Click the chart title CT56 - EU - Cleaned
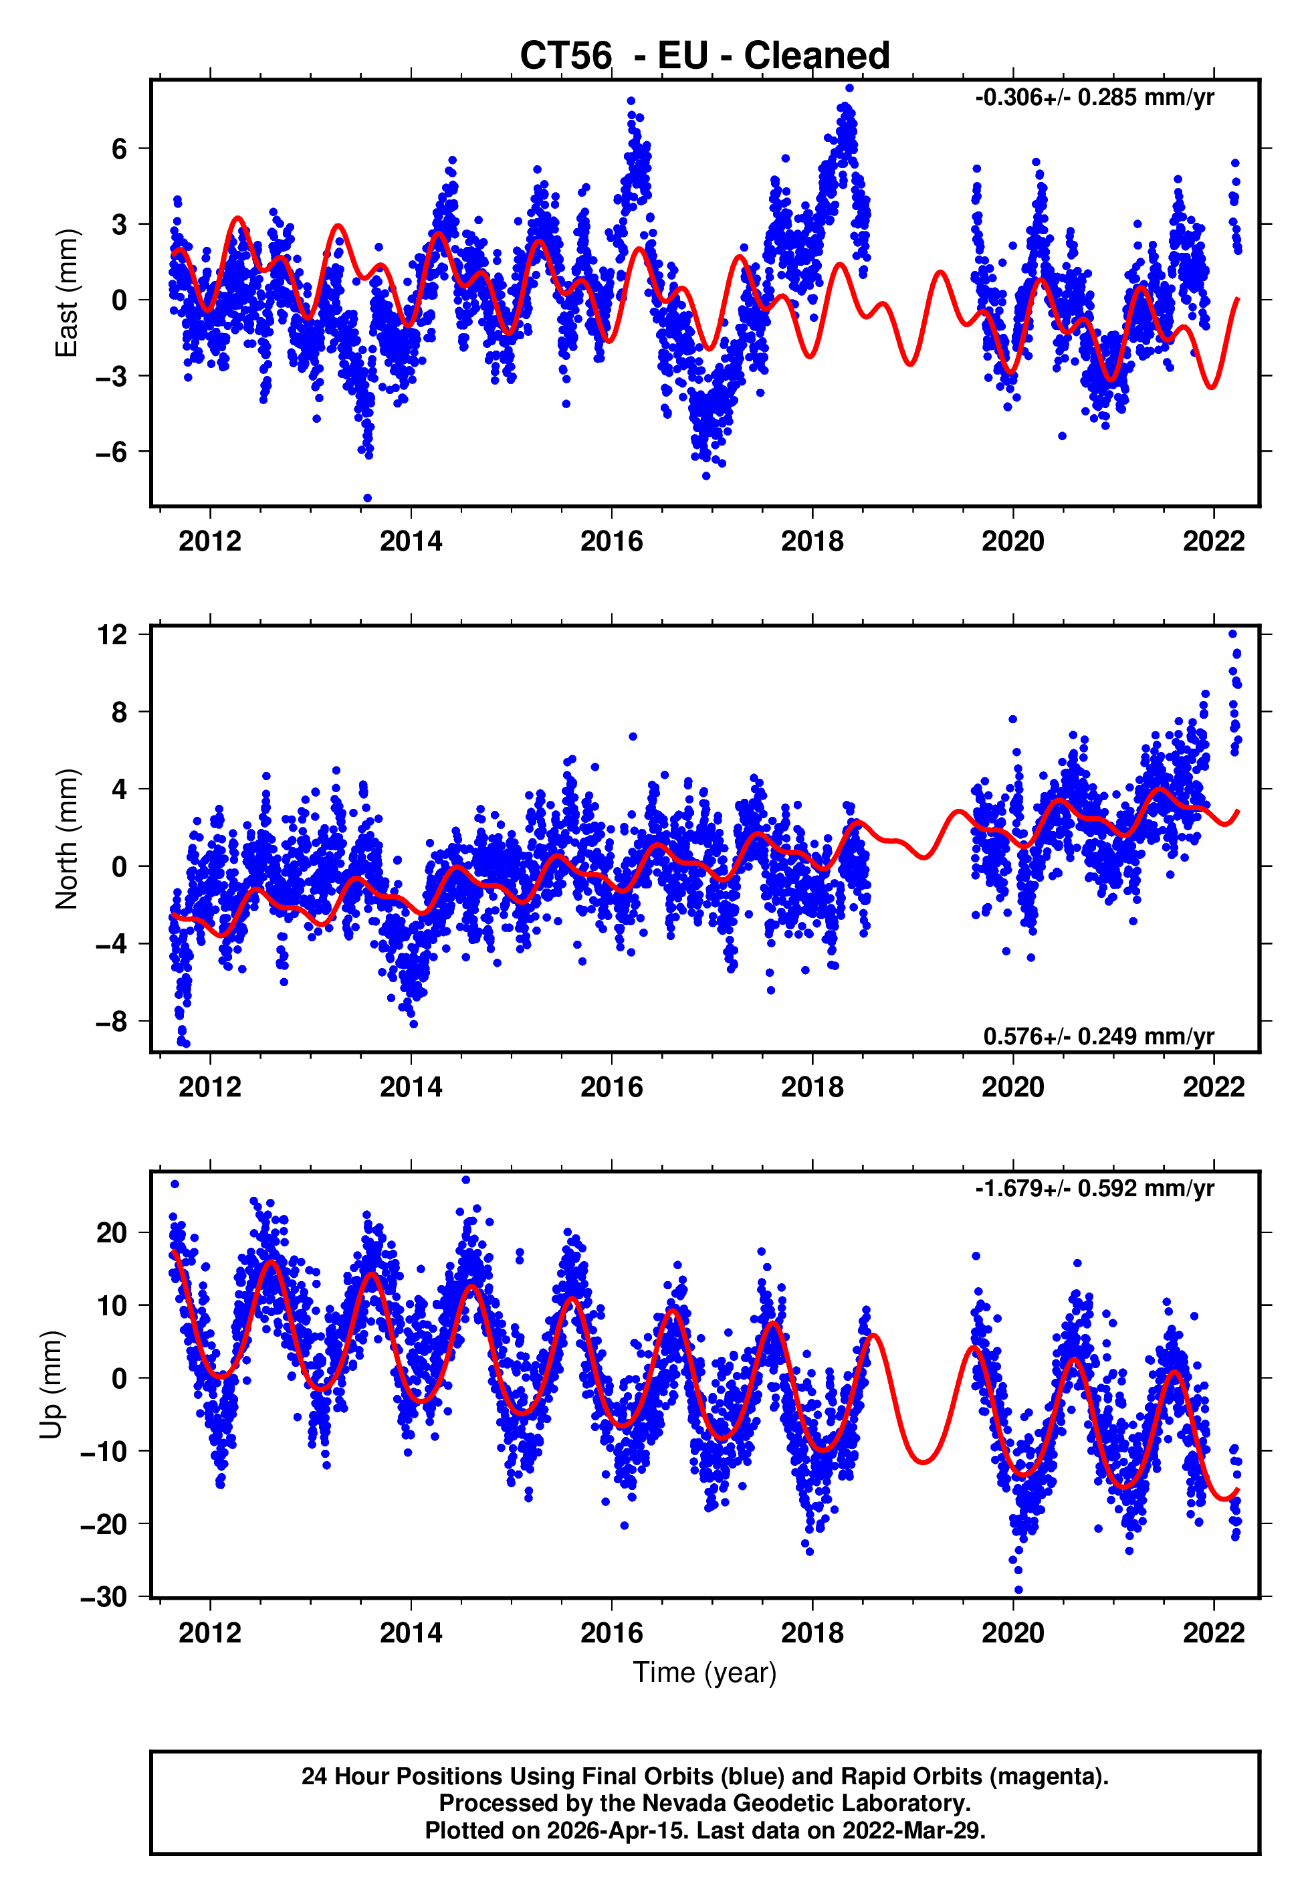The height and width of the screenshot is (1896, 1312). (705, 56)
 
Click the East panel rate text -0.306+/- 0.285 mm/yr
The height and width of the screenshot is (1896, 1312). (1094, 98)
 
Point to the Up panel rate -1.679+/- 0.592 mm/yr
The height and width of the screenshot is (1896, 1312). (1094, 1189)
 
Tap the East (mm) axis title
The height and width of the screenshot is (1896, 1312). (67, 293)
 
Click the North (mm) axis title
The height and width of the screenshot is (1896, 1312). (67, 839)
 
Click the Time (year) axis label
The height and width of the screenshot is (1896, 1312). (705, 1673)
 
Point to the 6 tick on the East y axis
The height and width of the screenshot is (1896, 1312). (120, 149)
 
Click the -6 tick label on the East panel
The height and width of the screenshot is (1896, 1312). (112, 452)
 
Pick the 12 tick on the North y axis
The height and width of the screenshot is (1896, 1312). (112, 635)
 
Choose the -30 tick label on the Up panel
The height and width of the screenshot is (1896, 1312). (104, 1597)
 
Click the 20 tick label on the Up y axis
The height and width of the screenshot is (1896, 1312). (112, 1233)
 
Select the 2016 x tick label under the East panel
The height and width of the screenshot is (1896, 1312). (612, 542)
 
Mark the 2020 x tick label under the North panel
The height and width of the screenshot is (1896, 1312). (1013, 1087)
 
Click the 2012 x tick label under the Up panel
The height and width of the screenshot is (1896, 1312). (211, 1633)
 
